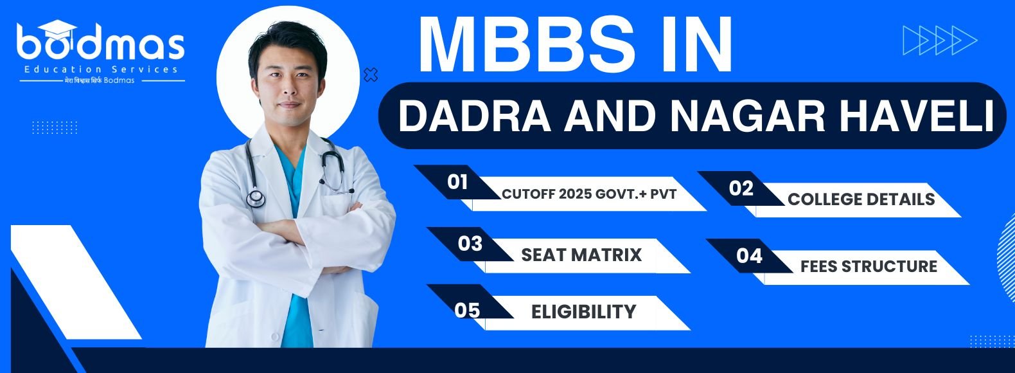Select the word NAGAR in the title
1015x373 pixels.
coord(748,116)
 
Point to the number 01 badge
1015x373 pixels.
coord(457,182)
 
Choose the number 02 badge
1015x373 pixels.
coord(741,188)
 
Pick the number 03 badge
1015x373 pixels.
coord(470,244)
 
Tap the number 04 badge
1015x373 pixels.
coord(749,256)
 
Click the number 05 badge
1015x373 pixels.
coord(467,311)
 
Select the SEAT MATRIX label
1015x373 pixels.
coord(581,255)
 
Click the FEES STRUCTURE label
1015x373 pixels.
coord(869,266)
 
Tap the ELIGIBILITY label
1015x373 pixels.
coord(583,312)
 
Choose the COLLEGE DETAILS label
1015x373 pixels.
coord(861,199)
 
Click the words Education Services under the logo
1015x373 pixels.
coord(101,69)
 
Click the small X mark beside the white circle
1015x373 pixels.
coord(371,75)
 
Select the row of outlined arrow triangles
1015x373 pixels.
coord(940,41)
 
